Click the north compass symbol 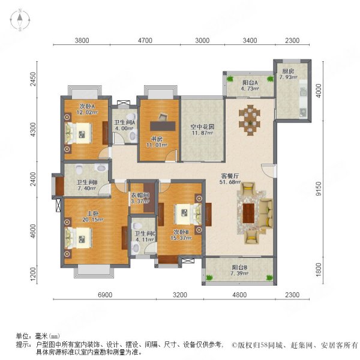click(20, 20)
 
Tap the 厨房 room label click(287, 71)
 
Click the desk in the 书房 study click(159, 124)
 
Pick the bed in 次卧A click(80, 132)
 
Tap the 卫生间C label click(145, 234)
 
